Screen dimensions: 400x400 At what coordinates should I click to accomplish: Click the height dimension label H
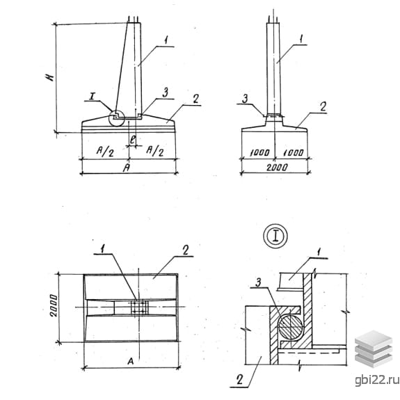[51, 76]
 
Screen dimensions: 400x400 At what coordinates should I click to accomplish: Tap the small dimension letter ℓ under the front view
[132, 139]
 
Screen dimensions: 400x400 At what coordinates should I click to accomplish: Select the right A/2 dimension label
[155, 151]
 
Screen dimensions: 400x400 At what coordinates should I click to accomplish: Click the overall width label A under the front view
[127, 168]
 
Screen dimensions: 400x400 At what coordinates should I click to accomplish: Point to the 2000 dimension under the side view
[277, 167]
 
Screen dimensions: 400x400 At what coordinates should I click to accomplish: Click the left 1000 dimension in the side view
[259, 152]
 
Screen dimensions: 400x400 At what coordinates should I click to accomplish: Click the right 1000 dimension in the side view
[294, 152]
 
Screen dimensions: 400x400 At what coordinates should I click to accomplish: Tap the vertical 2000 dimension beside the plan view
[54, 305]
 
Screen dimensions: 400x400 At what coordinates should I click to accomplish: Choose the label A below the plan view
[130, 361]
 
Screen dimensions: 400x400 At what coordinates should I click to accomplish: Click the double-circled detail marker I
[275, 236]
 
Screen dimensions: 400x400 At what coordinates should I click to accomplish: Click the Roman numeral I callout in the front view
[92, 96]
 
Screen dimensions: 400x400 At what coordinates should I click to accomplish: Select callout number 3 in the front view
[166, 92]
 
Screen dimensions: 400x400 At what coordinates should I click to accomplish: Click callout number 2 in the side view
[323, 106]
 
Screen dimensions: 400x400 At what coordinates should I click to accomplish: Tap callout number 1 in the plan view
[102, 249]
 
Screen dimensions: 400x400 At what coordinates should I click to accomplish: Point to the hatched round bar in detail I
[290, 326]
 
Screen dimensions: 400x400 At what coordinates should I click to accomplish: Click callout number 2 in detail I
[239, 380]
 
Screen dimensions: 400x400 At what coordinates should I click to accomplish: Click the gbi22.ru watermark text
[377, 381]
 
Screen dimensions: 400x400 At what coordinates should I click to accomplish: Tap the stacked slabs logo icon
[374, 349]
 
